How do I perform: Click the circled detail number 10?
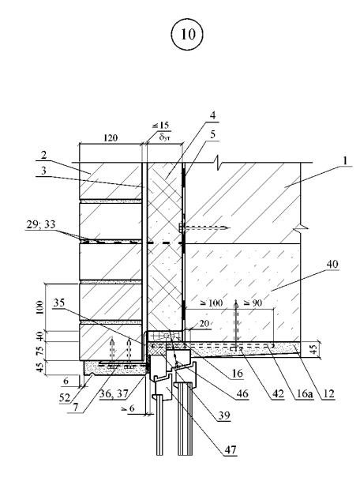[x=187, y=34]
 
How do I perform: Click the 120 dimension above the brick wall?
[x=111, y=137]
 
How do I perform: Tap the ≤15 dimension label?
[x=161, y=126]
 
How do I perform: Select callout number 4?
[x=212, y=115]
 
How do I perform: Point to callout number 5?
[x=213, y=134]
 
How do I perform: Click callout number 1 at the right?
[x=345, y=160]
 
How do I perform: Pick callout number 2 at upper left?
[x=43, y=155]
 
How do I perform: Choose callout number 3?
[x=43, y=171]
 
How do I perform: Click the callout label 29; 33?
[x=40, y=224]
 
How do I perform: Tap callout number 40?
[x=332, y=264]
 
